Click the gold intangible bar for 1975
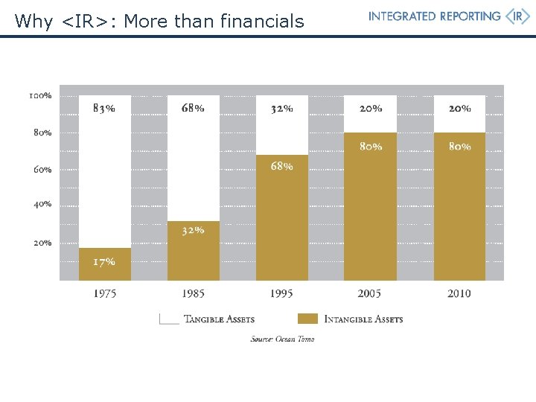pos(105,264)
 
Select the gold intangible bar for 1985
pos(194,251)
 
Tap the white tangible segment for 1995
pos(281,125)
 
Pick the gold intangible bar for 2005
pos(371,206)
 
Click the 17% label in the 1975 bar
pos(103,261)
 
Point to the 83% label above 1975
pos(103,108)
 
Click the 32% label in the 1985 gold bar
pos(193,231)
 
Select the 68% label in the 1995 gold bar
pos(281,167)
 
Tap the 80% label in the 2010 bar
pos(459,147)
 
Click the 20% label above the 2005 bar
pos(371,108)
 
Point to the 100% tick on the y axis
pos(40,96)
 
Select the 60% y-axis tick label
pos(42,169)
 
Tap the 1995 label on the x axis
pos(281,294)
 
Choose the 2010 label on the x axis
pos(459,294)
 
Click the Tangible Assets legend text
pos(219,319)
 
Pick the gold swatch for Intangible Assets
pos(307,319)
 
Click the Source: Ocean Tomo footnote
pos(282,339)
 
